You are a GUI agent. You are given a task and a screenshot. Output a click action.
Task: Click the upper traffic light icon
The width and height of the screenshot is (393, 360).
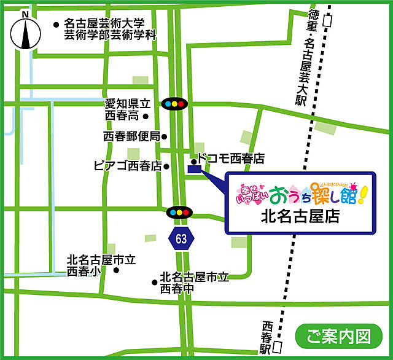coord(174,104)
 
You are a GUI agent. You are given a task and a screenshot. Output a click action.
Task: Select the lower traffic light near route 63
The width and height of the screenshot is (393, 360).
coord(179,213)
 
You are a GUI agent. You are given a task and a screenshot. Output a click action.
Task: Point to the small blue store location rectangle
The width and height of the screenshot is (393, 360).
coord(194,168)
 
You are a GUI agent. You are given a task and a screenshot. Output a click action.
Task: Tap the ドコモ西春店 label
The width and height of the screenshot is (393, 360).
coord(231,158)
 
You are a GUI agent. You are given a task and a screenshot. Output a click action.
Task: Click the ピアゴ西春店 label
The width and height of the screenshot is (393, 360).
coord(127,166)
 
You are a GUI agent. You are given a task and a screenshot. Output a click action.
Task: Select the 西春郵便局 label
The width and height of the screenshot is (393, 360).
coord(131,136)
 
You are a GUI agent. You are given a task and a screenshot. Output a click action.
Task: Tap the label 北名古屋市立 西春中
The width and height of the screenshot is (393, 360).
coord(194,282)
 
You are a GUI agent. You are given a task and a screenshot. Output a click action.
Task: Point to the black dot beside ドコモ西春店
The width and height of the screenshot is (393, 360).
coord(193,159)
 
